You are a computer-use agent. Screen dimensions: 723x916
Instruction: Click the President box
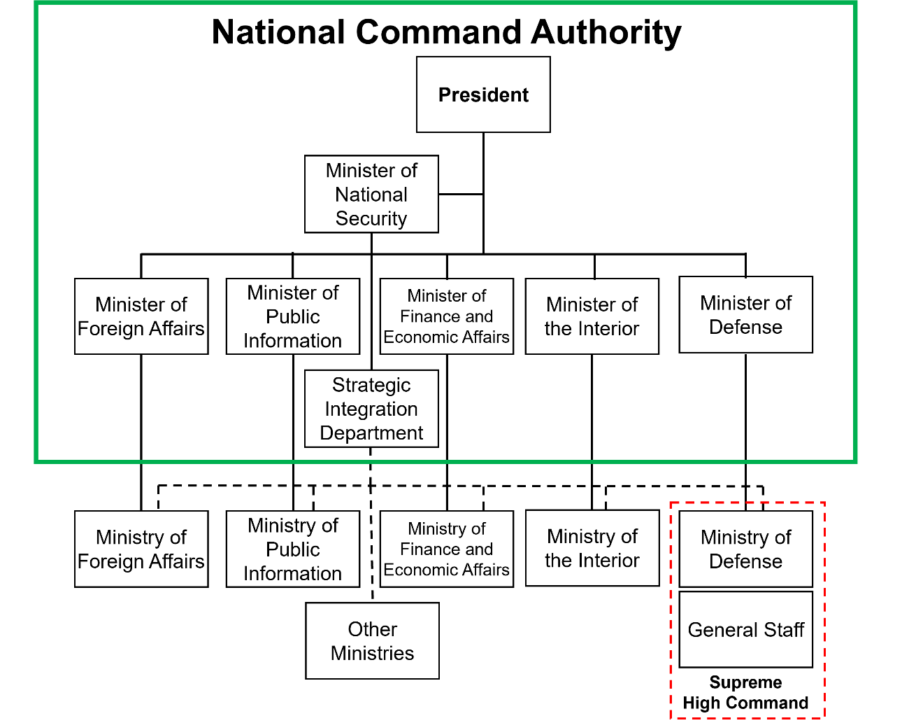pos(483,94)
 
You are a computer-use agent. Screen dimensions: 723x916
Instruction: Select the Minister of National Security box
pos(371,194)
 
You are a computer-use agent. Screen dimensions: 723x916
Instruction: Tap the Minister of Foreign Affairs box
pos(141,316)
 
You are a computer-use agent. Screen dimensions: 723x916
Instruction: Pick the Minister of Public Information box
pos(293,316)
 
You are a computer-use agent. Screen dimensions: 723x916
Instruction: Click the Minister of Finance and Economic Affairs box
pos(446,316)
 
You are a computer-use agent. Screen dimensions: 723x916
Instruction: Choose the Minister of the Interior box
pos(592,316)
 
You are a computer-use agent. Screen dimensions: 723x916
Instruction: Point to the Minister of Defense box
pos(745,315)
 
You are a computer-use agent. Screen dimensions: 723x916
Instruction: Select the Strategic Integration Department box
pos(371,409)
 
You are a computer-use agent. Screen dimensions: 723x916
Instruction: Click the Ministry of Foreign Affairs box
pos(141,549)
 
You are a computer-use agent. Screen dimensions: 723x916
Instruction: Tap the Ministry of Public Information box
pos(293,549)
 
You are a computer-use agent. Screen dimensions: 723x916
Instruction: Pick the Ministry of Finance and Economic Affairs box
pos(446,549)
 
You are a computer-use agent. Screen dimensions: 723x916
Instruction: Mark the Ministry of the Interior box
pos(592,548)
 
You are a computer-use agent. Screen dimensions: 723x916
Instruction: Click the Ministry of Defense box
pos(745,549)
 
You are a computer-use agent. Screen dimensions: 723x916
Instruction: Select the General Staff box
pos(745,630)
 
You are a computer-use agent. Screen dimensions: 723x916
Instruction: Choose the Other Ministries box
pos(372,641)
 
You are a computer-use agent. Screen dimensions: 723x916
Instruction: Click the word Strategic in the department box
pos(371,385)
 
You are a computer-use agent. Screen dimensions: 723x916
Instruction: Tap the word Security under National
pos(371,218)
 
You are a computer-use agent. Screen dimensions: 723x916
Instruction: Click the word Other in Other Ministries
pos(373,629)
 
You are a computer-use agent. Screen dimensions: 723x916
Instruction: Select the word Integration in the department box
pos(371,409)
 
